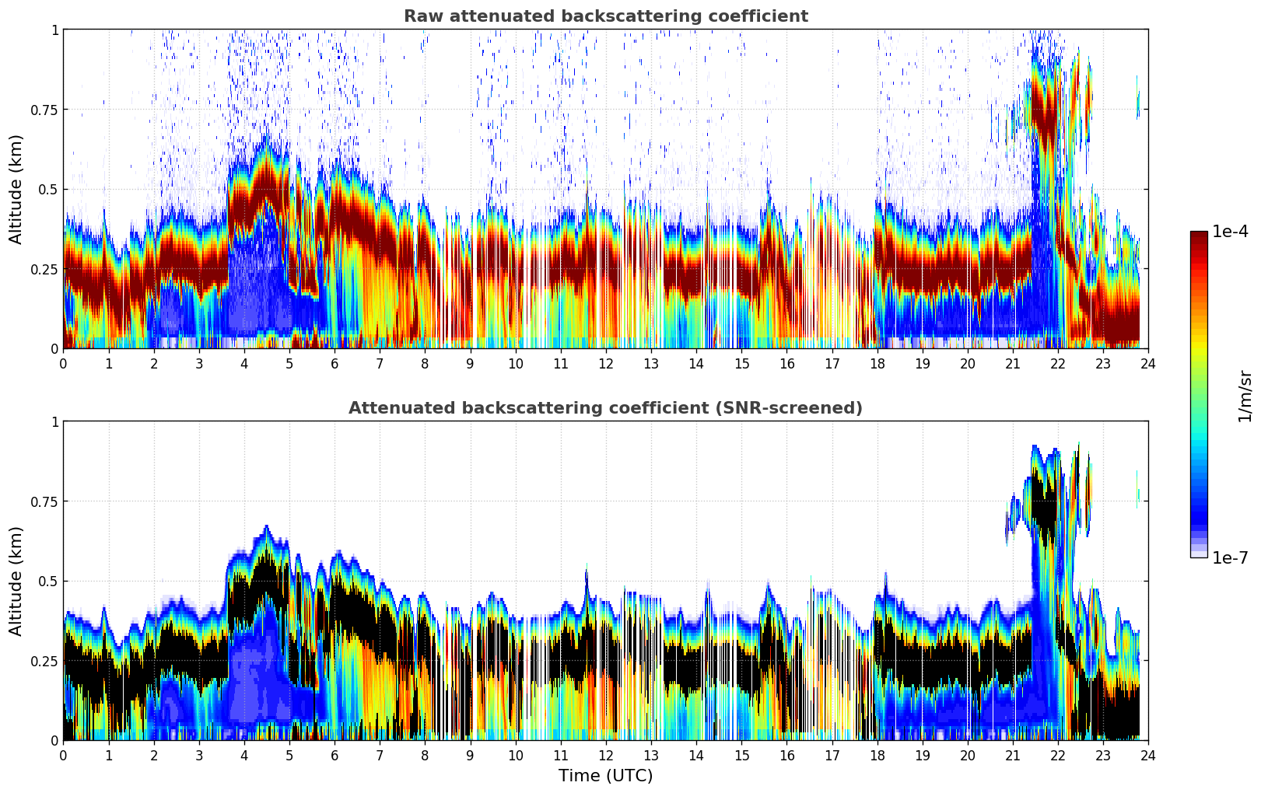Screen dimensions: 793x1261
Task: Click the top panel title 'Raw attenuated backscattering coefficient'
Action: pos(605,16)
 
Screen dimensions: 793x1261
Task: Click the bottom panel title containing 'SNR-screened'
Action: pos(605,408)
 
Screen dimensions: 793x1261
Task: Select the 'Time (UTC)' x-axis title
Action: pos(605,776)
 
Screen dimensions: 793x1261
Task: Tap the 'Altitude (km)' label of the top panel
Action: pos(16,189)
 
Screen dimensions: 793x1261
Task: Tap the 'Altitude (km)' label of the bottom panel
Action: pos(16,581)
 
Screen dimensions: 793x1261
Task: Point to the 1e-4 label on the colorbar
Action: pos(1230,232)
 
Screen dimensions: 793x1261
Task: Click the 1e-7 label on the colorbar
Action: pos(1230,557)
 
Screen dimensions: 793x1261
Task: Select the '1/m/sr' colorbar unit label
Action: pos(1245,396)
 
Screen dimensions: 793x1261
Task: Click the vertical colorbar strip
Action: pos(1198,394)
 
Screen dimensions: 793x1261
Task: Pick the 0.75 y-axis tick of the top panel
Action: pos(44,110)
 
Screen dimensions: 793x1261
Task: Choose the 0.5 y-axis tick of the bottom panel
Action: pos(48,582)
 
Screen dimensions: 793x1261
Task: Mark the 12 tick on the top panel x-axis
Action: pos(605,364)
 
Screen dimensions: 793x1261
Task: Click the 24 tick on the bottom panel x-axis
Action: pos(1147,756)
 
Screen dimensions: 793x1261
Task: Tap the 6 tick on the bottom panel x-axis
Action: pos(335,756)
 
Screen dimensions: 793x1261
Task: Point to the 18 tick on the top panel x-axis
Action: pos(877,364)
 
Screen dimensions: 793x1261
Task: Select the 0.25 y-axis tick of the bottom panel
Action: pos(44,661)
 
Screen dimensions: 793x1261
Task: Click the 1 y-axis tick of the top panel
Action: pos(54,30)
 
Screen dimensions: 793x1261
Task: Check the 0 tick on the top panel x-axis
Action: pos(63,364)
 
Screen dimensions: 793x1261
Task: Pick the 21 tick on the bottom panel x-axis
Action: pos(1012,756)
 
